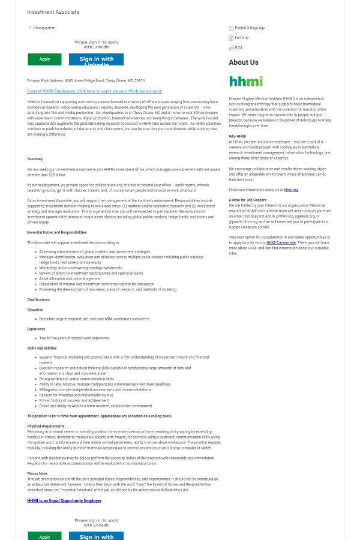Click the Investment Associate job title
pyautogui.click(x=53, y=12)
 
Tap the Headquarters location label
pyautogui.click(x=44, y=28)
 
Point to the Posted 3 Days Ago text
pyautogui.click(x=250, y=28)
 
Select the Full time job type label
pyautogui.click(x=241, y=38)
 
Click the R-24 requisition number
pyautogui.click(x=238, y=47)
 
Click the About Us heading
pyautogui.click(x=244, y=62)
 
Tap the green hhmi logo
pyautogui.click(x=245, y=81)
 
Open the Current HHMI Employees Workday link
pyautogui.click(x=95, y=91)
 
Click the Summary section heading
pyautogui.click(x=35, y=159)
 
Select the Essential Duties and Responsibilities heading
pyautogui.click(x=57, y=232)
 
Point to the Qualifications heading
pyautogui.click(x=38, y=299)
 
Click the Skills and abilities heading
pyautogui.click(x=42, y=348)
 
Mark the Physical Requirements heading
pyautogui.click(x=46, y=426)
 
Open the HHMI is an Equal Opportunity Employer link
pyautogui.click(x=64, y=500)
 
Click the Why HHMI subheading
pyautogui.click(x=238, y=136)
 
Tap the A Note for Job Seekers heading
pyautogui.click(x=248, y=200)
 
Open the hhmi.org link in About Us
pyautogui.click(x=291, y=190)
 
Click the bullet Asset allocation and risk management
pyautogui.click(x=70, y=278)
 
